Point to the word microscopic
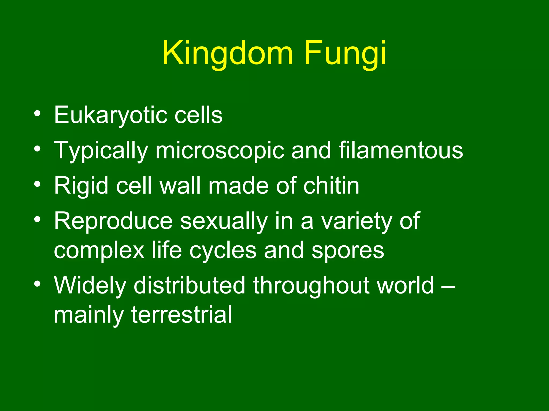[x=220, y=151]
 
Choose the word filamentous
[x=400, y=150]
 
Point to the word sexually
[x=224, y=222]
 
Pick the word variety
[x=357, y=222]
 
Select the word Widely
[x=90, y=286]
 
